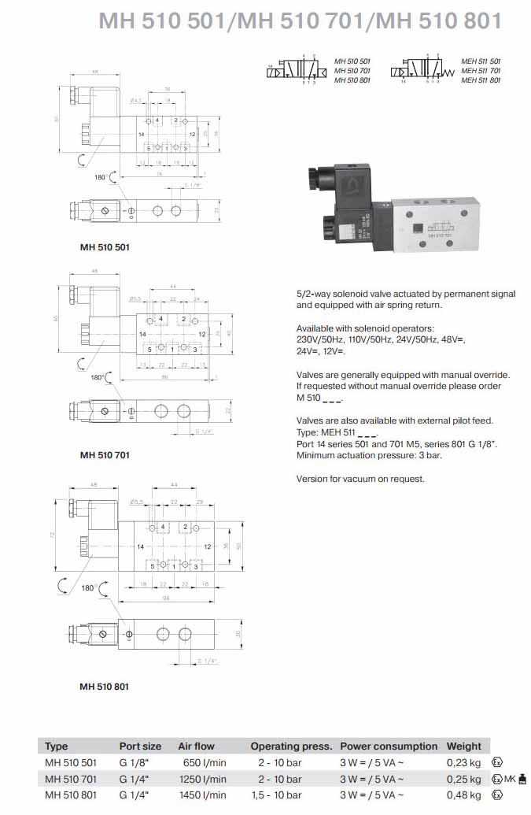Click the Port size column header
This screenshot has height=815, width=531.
[x=140, y=746]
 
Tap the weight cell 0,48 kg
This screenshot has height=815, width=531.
[x=463, y=795]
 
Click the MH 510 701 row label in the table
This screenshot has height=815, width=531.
[x=71, y=779]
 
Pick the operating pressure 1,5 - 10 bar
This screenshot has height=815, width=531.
[x=279, y=795]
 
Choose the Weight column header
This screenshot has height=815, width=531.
[x=463, y=746]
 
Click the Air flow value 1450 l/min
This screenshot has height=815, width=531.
[x=202, y=795]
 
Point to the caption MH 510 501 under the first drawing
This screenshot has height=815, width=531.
[x=105, y=246]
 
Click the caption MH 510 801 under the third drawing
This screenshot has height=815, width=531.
[x=104, y=686]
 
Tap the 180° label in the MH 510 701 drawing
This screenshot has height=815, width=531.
[x=98, y=377]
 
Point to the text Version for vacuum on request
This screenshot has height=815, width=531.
[x=360, y=479]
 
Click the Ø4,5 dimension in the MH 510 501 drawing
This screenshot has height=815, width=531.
[x=135, y=101]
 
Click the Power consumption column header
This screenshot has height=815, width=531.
[x=389, y=746]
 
